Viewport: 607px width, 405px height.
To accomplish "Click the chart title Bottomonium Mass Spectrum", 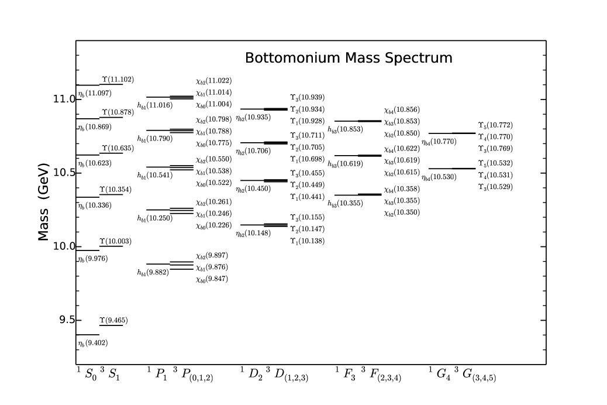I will (348, 58).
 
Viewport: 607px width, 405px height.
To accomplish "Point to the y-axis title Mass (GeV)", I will (43, 203).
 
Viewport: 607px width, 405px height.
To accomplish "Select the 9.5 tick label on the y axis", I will (64, 320).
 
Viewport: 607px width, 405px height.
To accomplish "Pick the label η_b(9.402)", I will (92, 343).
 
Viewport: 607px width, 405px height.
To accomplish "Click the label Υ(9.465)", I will (113, 320).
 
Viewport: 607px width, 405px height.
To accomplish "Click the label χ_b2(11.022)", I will (213, 81).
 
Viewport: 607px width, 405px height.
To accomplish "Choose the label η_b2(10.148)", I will (253, 234).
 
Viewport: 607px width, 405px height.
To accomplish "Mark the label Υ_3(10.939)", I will (307, 97).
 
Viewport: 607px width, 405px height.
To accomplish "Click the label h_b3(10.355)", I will (345, 204).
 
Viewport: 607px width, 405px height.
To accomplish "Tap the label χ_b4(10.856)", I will (402, 109).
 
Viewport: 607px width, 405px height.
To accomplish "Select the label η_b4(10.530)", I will (439, 177).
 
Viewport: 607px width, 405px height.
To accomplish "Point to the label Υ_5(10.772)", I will (495, 125).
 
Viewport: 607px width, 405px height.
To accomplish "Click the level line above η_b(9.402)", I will (88, 334).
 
